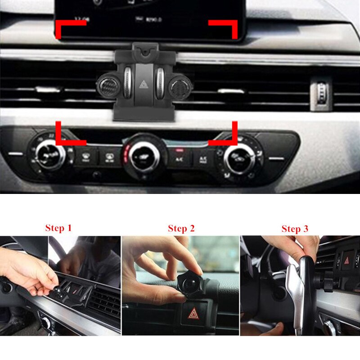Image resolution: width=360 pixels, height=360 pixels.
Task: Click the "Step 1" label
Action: (58, 228)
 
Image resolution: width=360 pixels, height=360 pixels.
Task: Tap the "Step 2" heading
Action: (181, 229)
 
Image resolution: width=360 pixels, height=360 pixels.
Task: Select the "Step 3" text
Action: (295, 229)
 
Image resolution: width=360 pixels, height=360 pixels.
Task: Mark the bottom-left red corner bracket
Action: (67, 135)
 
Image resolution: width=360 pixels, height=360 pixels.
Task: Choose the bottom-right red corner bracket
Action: (225, 135)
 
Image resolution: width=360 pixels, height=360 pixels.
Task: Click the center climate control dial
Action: (144, 155)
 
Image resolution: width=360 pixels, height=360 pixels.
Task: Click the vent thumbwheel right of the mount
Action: (323, 92)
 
